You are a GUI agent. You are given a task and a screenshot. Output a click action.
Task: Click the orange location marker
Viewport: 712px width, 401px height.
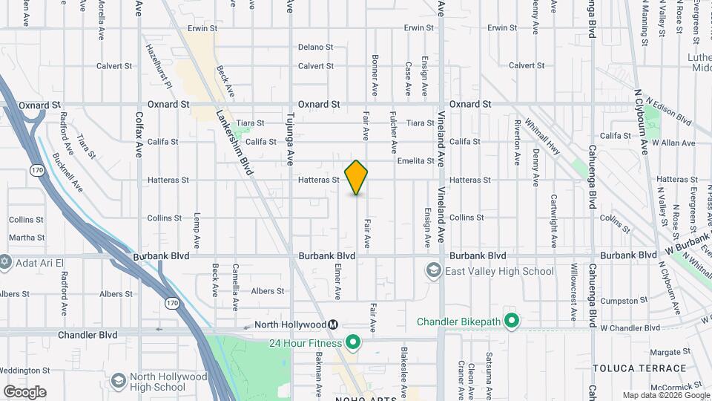[357, 177]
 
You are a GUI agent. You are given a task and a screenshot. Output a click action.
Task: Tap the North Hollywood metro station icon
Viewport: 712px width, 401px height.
[334, 325]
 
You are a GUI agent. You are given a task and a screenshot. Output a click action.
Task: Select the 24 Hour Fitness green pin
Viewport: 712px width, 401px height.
[353, 342]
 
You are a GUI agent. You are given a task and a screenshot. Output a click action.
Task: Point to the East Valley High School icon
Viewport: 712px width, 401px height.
[433, 271]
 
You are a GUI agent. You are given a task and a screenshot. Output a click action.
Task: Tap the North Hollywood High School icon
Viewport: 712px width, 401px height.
[117, 381]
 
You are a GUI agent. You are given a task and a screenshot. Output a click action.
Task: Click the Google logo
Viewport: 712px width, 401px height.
[24, 392]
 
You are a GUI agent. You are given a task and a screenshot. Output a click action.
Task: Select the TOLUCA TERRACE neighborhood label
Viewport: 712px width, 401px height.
[639, 368]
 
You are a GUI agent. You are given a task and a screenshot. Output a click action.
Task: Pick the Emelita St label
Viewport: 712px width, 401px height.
[415, 160]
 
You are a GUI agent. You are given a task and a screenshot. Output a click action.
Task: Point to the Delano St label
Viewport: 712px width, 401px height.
[315, 47]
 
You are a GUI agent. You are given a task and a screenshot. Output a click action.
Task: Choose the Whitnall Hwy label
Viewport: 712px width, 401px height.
[540, 134]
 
